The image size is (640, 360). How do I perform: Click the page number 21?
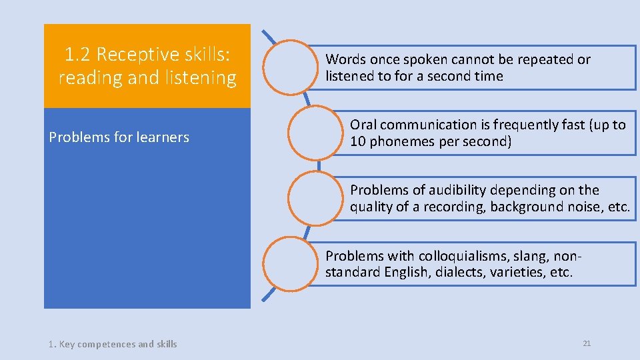pos(587,343)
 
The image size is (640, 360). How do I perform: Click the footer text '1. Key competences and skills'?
pos(113,344)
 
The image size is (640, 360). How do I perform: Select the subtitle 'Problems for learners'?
pos(119,137)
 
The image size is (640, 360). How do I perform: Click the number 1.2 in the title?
pos(78,54)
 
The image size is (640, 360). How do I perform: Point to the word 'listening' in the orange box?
pos(201,78)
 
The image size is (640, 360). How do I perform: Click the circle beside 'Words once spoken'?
pos(289,67)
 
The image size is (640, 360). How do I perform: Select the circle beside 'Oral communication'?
pos(314,132)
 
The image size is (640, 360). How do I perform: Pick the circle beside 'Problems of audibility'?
pos(314,197)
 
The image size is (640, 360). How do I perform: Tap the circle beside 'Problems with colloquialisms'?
pos(289,263)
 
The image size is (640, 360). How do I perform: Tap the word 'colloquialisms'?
pos(460,256)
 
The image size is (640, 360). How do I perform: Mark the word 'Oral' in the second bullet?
pos(363,125)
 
